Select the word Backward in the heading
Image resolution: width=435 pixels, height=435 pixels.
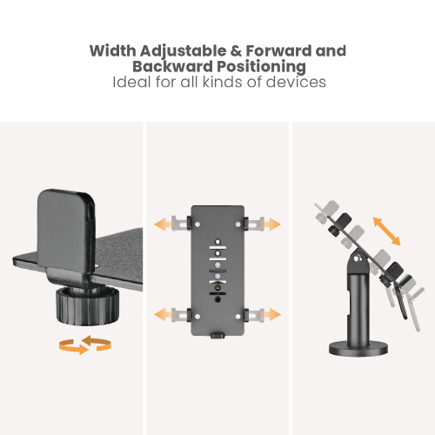(163, 66)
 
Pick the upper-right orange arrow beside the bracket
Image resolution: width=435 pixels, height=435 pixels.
(271, 224)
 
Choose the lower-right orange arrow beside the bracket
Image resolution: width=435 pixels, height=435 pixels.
(271, 312)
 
